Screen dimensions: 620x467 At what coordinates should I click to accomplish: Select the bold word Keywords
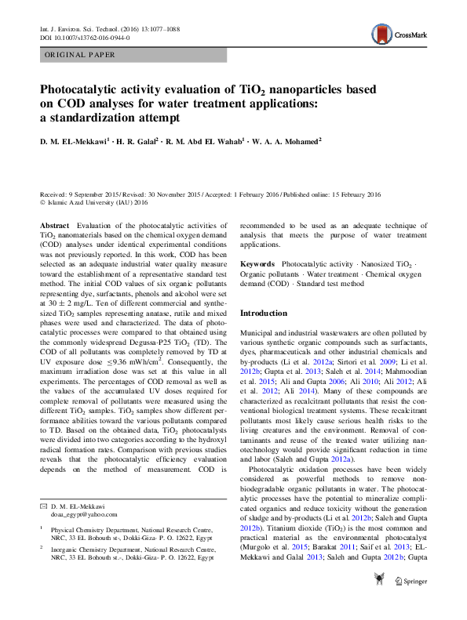coord(257,266)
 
